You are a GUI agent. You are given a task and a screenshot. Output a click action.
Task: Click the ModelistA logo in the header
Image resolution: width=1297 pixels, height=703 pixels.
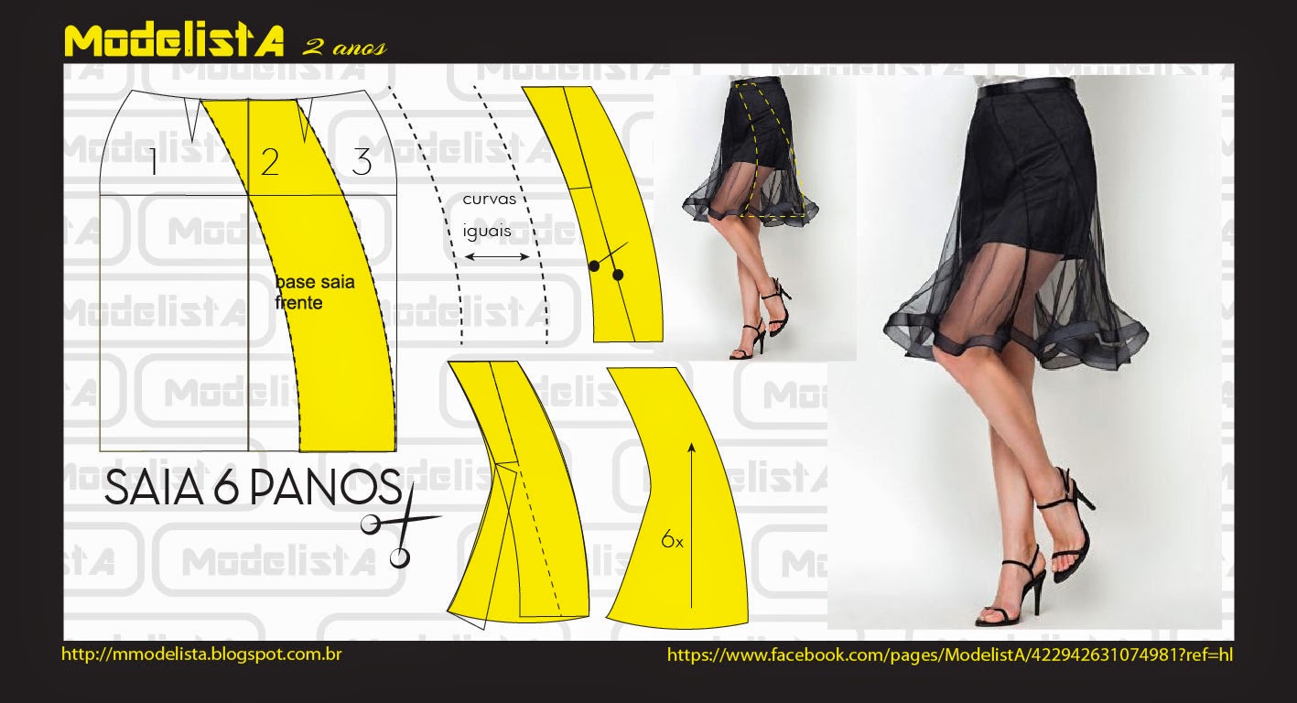[x=174, y=40]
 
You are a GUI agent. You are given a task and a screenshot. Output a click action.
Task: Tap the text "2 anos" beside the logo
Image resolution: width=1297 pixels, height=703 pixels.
[x=344, y=48]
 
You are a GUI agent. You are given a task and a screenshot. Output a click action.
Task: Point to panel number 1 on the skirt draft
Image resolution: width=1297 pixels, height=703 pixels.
[x=153, y=162]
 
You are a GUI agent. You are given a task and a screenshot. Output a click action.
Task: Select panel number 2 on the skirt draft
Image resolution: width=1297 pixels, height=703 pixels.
[x=270, y=162]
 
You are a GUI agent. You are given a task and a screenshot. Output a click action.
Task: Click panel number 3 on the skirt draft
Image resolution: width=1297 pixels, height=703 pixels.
[x=362, y=162]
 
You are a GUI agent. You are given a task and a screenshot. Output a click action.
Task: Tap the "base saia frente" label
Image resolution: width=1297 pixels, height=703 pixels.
[x=314, y=292]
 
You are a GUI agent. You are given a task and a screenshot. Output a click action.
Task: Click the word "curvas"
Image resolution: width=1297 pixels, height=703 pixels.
[x=490, y=200]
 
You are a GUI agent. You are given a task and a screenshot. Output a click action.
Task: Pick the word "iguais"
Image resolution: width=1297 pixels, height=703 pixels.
[x=487, y=231]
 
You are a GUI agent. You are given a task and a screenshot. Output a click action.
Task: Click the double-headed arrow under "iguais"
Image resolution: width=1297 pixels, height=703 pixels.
[x=497, y=256]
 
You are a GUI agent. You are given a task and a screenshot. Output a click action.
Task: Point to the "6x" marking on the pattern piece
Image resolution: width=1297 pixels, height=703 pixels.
[x=672, y=540]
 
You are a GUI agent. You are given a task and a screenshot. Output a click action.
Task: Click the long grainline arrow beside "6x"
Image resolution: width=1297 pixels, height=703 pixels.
[x=691, y=525]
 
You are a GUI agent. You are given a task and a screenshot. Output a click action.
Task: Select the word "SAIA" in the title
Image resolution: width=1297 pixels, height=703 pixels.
[x=154, y=487]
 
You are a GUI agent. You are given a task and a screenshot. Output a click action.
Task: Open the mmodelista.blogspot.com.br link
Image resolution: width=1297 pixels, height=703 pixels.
[x=201, y=654]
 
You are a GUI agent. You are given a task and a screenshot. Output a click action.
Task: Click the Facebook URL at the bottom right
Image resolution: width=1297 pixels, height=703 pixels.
[x=950, y=654]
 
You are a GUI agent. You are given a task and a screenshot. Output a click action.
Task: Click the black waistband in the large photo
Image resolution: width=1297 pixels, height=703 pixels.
[x=1025, y=88]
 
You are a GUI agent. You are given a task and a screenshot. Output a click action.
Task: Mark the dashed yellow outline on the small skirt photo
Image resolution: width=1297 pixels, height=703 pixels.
[x=770, y=150]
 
